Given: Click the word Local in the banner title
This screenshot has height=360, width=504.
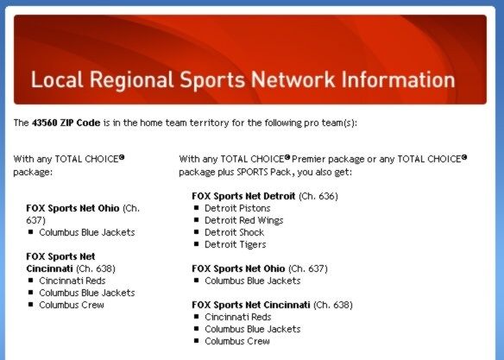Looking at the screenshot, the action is click(x=57, y=79).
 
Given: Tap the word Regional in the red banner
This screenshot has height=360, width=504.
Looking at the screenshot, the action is click(x=131, y=80).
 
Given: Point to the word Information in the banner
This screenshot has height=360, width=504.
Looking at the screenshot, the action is click(x=398, y=79).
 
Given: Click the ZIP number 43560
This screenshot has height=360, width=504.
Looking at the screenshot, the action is click(x=44, y=123).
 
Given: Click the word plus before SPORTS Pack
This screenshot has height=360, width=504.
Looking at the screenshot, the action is click(x=226, y=173).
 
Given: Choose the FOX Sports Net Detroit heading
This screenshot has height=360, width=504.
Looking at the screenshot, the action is click(x=243, y=196).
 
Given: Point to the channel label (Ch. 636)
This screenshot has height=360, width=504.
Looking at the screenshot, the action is click(x=318, y=196).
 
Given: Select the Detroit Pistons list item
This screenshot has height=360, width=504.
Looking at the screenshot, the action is click(x=237, y=208).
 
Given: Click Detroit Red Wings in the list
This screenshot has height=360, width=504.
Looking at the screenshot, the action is click(x=244, y=220).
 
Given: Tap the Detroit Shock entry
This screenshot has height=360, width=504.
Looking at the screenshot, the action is click(x=235, y=232).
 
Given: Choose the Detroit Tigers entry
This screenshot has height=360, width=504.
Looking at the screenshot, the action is click(x=236, y=244).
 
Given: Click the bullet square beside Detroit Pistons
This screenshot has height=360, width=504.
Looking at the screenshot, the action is click(x=197, y=208).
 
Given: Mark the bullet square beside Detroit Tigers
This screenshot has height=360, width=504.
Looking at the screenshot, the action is click(x=197, y=244).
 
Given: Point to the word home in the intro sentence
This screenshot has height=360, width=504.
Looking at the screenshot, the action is click(x=152, y=123).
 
